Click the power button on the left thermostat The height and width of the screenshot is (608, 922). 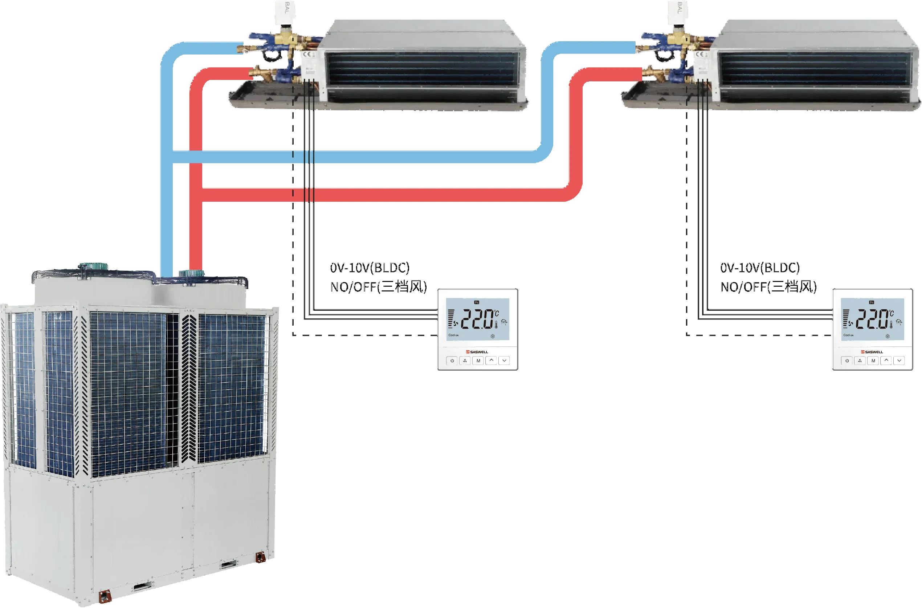452,361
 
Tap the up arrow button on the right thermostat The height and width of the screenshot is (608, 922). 886,361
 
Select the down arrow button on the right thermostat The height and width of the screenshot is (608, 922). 899,361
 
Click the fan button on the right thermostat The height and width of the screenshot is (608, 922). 860,361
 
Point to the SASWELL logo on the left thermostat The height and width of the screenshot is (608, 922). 477,352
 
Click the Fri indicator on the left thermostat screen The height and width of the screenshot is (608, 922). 477,302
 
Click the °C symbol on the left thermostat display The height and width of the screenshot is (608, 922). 496,313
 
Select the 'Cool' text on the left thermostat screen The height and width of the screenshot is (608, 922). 452,335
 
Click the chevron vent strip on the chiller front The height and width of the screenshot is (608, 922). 189,388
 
